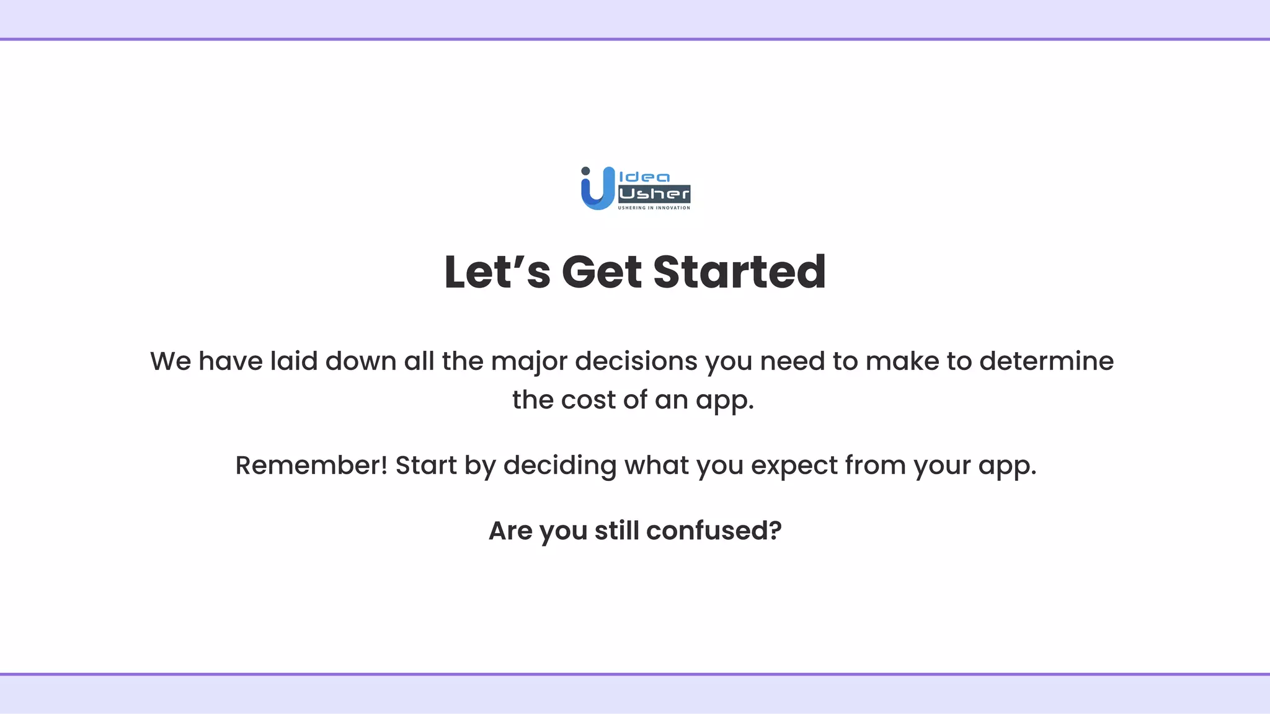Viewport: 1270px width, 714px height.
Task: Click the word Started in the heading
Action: tap(739, 272)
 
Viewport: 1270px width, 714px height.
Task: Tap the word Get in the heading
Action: tap(601, 272)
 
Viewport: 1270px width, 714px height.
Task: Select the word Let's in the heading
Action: tap(497, 272)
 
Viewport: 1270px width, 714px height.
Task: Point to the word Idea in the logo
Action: tap(645, 177)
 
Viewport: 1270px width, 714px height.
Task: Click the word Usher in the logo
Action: tap(654, 194)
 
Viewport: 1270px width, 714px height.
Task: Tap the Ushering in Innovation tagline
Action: tap(654, 208)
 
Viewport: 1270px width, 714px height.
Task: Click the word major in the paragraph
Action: tap(529, 361)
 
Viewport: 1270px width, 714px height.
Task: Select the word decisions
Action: tap(636, 361)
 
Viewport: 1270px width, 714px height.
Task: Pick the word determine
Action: tap(1046, 361)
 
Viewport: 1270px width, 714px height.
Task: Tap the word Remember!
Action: tap(311, 465)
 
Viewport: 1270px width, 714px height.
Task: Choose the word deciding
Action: tap(559, 465)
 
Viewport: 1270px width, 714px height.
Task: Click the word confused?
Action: tap(714, 531)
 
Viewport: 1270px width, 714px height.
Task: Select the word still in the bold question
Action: tap(616, 531)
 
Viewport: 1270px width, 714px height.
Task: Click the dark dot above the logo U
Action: tap(585, 171)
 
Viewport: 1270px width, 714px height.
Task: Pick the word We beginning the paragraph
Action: tap(171, 361)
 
